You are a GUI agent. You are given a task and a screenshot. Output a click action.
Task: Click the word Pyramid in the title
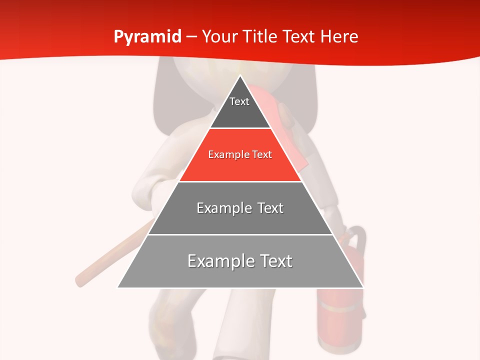coord(147,37)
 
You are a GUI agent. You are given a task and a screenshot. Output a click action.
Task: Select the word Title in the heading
coord(262,37)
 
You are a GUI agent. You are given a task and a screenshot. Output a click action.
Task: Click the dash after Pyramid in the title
coord(191,37)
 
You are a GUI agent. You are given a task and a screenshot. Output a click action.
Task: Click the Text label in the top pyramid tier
coord(239,102)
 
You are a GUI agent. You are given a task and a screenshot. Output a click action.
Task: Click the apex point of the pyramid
coord(240,75)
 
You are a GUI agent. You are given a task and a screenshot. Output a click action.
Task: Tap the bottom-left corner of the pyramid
coord(118,287)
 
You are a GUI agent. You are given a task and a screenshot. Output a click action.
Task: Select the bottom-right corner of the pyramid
coord(362,287)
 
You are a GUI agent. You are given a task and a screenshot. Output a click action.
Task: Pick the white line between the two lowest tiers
coord(240,234)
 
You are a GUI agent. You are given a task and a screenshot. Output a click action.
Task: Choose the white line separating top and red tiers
coord(240,128)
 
